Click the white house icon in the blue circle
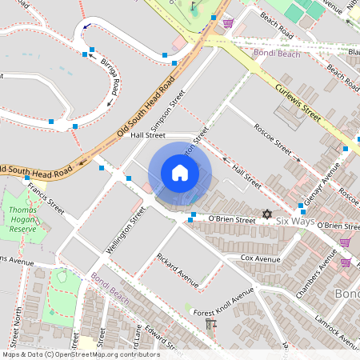180,173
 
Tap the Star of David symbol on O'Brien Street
267,214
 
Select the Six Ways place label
295,220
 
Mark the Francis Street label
45,197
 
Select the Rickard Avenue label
178,270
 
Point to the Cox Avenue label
260,259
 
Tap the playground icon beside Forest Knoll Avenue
211,324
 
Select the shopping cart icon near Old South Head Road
228,22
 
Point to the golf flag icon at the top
194,6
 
